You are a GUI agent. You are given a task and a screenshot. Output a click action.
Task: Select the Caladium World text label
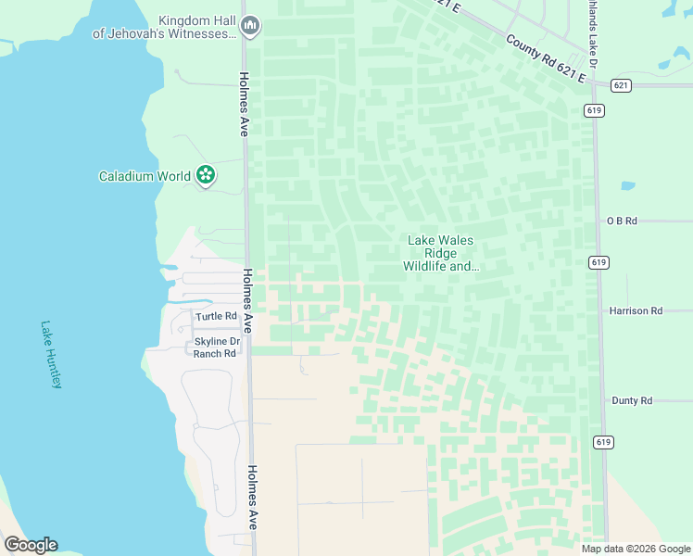click(145, 175)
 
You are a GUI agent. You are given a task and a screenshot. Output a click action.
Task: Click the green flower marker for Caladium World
click(206, 174)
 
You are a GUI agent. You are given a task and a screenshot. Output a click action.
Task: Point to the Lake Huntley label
click(51, 354)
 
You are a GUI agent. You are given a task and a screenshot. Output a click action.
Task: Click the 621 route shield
click(622, 85)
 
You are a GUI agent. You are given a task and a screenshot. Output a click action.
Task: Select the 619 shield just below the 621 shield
click(595, 109)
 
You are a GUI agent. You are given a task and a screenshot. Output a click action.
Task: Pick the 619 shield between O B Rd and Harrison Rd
click(598, 263)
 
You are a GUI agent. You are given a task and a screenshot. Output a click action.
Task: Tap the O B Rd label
click(623, 221)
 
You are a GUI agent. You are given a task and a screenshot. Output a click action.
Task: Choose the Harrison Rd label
click(636, 311)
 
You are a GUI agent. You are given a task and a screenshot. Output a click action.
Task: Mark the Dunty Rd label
click(632, 400)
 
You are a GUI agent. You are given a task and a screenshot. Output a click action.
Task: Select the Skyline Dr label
click(216, 342)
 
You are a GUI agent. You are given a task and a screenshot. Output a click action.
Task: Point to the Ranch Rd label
click(214, 354)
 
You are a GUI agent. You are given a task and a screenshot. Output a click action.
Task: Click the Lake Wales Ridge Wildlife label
click(441, 253)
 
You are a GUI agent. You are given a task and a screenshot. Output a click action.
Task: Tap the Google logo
click(31, 544)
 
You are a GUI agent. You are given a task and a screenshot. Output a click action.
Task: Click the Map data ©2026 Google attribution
click(636, 549)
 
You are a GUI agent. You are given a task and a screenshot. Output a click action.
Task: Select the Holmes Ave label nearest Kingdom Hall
click(243, 104)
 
